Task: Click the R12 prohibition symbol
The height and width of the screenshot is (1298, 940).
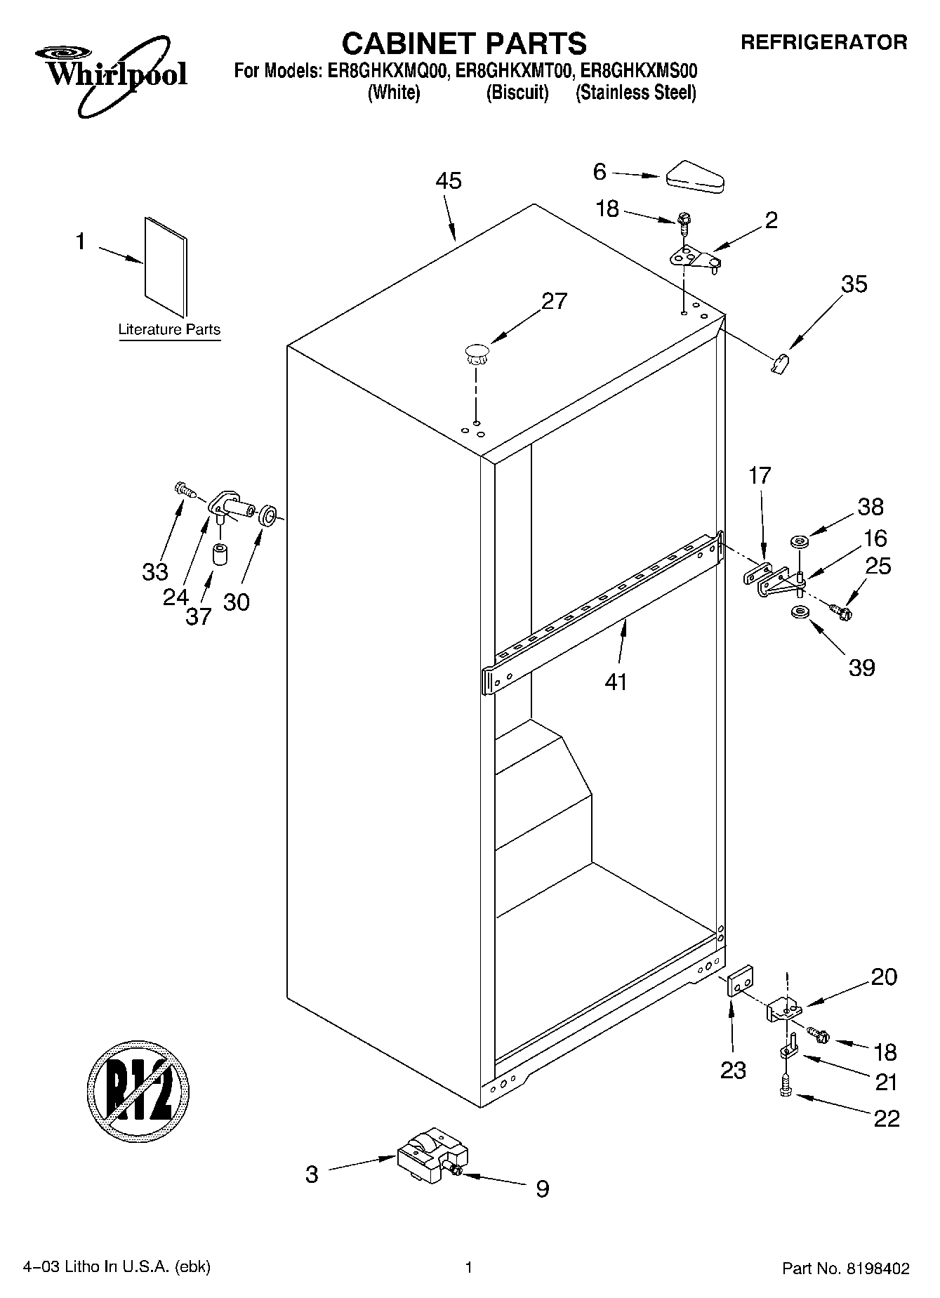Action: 139,1090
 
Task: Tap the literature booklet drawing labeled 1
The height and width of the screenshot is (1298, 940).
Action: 166,267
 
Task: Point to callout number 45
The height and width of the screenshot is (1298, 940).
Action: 448,181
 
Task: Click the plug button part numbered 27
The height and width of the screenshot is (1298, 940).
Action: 477,352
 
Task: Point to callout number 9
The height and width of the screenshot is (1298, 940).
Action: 542,1188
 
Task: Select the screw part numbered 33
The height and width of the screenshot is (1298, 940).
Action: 184,489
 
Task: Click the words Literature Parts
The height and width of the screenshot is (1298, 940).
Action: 168,329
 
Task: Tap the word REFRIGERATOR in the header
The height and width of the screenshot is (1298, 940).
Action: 824,43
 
